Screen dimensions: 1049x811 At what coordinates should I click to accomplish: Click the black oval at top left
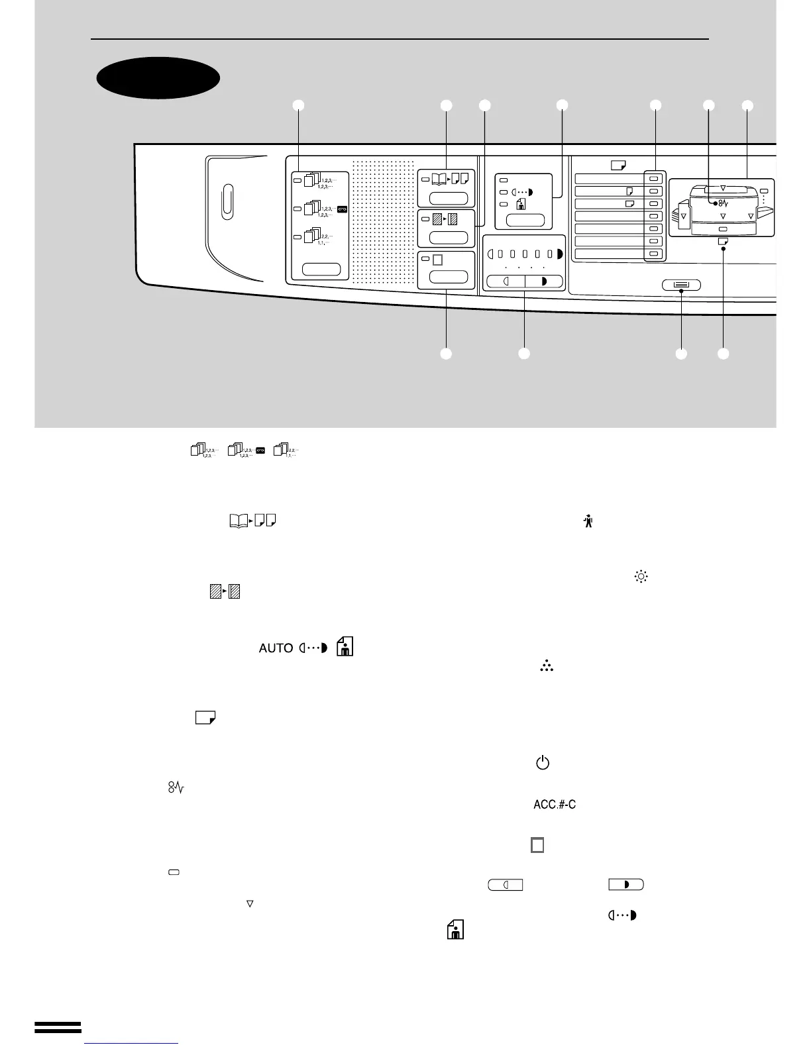(158, 77)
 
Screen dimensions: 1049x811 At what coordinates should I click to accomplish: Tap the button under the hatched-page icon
(449, 238)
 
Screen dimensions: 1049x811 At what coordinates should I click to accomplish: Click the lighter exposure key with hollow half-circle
(505, 281)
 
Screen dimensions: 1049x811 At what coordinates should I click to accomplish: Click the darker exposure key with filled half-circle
(543, 281)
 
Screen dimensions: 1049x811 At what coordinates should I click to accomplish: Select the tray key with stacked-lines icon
(681, 285)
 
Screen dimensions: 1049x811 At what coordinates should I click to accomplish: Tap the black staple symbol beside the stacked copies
(342, 209)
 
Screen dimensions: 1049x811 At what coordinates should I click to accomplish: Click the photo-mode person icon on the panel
(521, 205)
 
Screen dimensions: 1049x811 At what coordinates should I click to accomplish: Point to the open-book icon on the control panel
(438, 178)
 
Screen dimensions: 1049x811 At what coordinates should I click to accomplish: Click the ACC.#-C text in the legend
(554, 805)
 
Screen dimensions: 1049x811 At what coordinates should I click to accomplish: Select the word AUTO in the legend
(276, 648)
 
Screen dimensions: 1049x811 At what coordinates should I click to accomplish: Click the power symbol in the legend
(542, 764)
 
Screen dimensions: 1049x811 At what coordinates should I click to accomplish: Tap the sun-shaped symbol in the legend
(641, 576)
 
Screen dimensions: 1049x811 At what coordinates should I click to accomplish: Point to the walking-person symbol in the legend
(588, 522)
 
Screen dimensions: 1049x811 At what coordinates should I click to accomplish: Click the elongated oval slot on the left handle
(227, 201)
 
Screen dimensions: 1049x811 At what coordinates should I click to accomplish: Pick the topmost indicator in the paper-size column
(654, 179)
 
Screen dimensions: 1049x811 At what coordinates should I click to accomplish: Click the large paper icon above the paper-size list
(619, 166)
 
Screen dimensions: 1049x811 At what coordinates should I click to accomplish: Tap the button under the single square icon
(449, 277)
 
